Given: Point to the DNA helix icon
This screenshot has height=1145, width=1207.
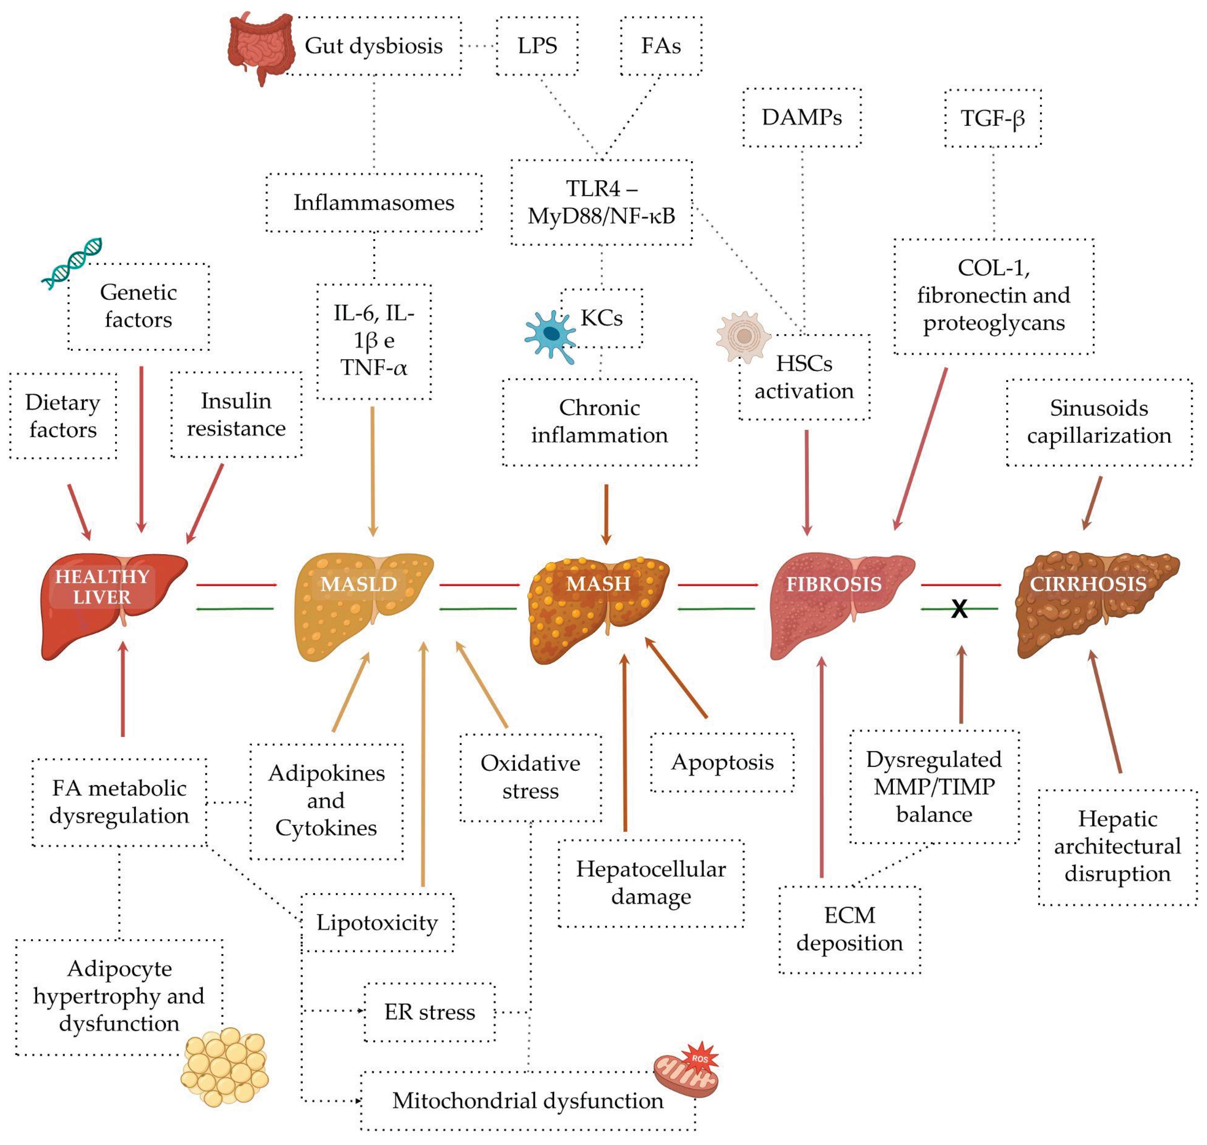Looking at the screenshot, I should pyautogui.click(x=71, y=263).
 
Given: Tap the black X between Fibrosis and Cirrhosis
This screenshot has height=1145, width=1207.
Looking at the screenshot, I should pyautogui.click(x=959, y=608).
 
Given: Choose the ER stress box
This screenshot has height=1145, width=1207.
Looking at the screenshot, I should pyautogui.click(x=429, y=1012).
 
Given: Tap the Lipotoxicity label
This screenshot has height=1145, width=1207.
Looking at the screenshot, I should pyautogui.click(x=377, y=922).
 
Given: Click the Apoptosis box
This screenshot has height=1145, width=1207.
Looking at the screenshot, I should pyautogui.click(x=722, y=762).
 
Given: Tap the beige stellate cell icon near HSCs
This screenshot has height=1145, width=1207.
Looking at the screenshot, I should pyautogui.click(x=743, y=336).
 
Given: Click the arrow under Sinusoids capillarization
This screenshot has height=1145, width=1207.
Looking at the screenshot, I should pyautogui.click(x=1092, y=502).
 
